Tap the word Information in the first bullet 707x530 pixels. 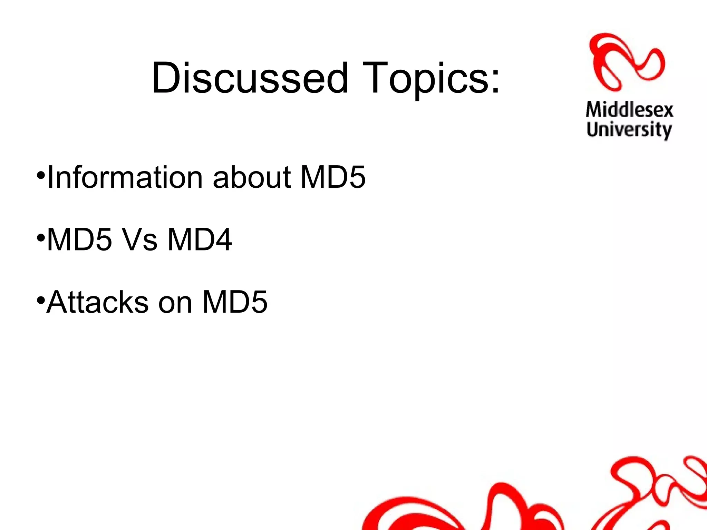pos(125,177)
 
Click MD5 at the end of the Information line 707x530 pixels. pos(333,177)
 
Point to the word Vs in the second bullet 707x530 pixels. pos(140,239)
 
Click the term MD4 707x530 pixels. pos(200,239)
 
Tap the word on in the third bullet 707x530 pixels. pos(175,302)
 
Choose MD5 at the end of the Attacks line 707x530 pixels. pos(235,302)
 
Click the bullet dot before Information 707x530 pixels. pos(41,175)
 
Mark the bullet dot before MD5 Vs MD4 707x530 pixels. pos(41,237)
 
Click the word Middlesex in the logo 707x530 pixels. pos(629,110)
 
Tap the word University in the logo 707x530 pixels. pos(629,130)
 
